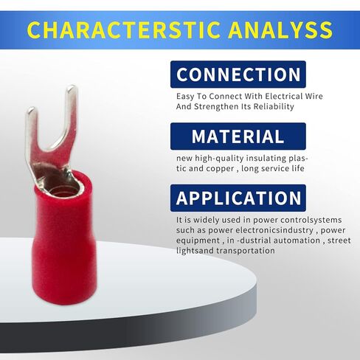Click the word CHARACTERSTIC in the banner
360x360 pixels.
pyautogui.click(x=124, y=30)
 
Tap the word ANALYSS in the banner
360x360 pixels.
pyautogui.click(x=280, y=30)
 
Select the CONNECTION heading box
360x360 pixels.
pyautogui.click(x=238, y=75)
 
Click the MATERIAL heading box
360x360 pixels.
pyautogui.click(x=238, y=136)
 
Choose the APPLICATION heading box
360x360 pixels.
pyautogui.click(x=238, y=198)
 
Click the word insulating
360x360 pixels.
pyautogui.click(x=266, y=159)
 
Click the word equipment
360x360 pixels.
pyautogui.click(x=198, y=240)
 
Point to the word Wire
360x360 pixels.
pyautogui.click(x=314, y=96)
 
